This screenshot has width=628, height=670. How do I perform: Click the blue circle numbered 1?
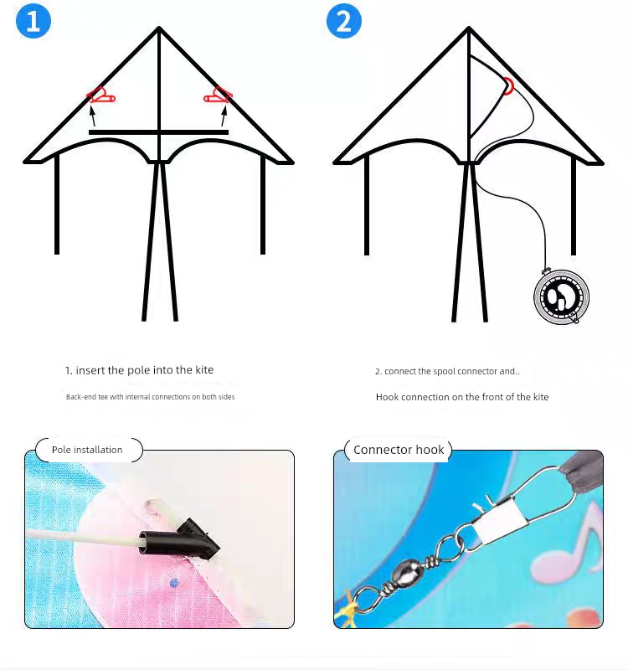click(x=33, y=20)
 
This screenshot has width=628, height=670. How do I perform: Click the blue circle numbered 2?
click(x=344, y=20)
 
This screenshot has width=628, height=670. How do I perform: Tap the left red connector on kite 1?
click(x=100, y=95)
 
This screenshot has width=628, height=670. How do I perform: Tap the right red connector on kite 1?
click(x=218, y=95)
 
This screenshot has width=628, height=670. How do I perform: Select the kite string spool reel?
click(x=561, y=296)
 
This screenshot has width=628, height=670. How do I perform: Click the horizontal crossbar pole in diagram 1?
click(x=158, y=132)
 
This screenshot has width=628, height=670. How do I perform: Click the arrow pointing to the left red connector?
click(x=92, y=116)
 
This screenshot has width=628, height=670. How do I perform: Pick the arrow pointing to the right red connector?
click(x=224, y=116)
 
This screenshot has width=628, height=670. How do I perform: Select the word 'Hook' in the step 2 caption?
click(x=387, y=397)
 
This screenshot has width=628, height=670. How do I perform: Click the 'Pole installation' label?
click(x=87, y=450)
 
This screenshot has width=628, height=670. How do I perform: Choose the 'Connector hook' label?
click(x=399, y=450)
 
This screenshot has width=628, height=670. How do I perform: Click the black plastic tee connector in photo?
click(x=179, y=539)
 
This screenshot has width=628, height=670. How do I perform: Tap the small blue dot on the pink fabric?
click(x=173, y=583)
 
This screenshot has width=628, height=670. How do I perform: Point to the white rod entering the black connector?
click(x=83, y=537)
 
